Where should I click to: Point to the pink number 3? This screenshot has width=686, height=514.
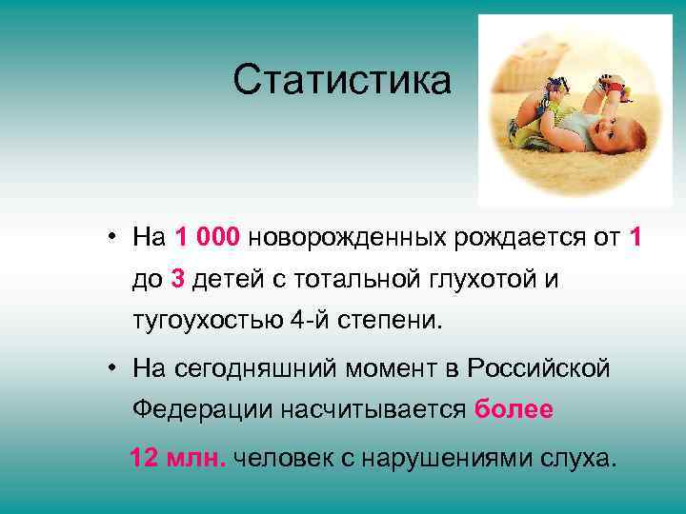click(x=178, y=278)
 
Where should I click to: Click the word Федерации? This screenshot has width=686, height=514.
click(x=201, y=410)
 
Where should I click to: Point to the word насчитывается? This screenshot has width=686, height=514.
click(x=373, y=410)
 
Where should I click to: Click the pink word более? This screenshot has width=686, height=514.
click(x=514, y=410)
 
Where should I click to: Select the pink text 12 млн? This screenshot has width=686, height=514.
click(x=178, y=457)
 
